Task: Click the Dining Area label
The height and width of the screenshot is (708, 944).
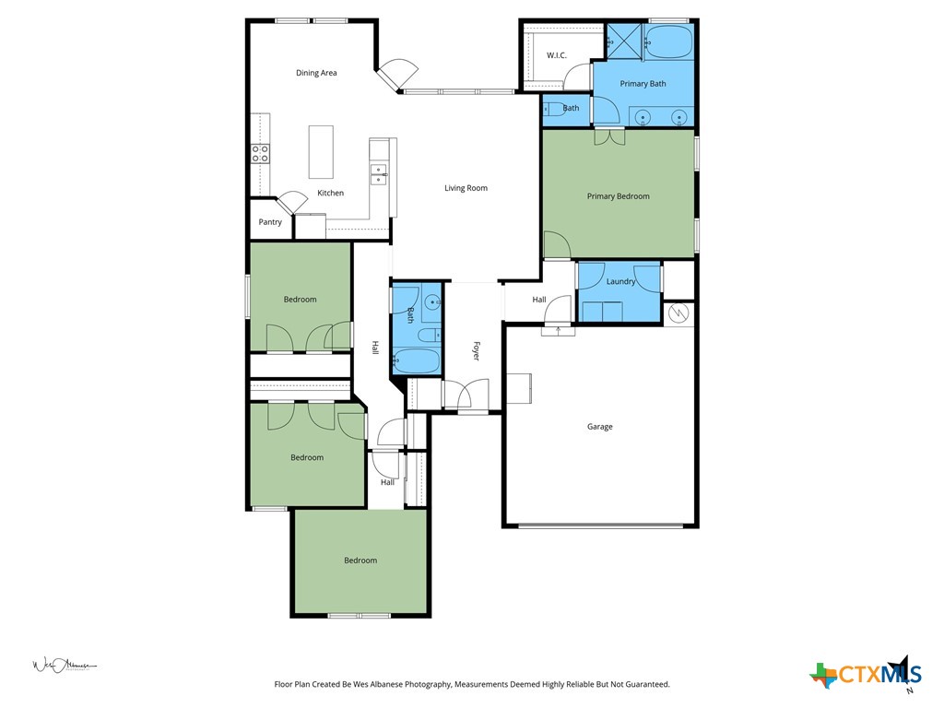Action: pos(316,73)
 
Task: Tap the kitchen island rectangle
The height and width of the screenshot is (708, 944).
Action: pos(321,152)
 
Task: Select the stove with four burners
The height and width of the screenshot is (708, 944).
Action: pos(261,153)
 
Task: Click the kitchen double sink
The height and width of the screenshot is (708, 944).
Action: pos(378,174)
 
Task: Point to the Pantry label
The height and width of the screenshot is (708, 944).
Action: pos(270,222)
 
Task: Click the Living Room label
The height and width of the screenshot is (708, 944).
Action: pos(466,188)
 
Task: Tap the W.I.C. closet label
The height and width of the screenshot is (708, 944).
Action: pos(556,55)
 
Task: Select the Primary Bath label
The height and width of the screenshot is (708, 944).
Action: pos(643,84)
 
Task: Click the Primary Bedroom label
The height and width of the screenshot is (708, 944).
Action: pos(619,196)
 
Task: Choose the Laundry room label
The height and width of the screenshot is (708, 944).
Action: pos(620,281)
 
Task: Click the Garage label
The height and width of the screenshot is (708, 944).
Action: pos(600,427)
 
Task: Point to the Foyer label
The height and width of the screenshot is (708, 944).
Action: pos(477,351)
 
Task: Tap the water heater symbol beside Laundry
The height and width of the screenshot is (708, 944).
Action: pos(678,313)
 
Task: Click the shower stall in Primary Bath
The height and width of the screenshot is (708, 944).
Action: pos(623,41)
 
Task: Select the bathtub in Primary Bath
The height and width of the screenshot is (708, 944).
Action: pos(668,41)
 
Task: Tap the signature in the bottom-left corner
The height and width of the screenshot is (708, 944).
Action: pos(64,665)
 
